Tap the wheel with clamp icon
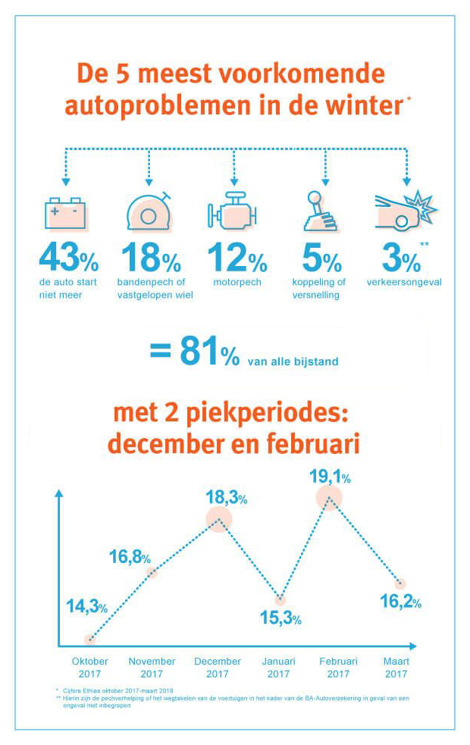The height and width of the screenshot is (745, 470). coord(149,211)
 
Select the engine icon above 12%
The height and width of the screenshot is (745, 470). coord(234,213)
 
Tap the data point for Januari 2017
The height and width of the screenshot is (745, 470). coord(280,600)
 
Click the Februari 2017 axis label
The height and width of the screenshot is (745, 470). coord(339,668)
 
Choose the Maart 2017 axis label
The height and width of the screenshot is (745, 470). coord(396,668)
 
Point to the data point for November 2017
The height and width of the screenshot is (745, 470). coord(152,572)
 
